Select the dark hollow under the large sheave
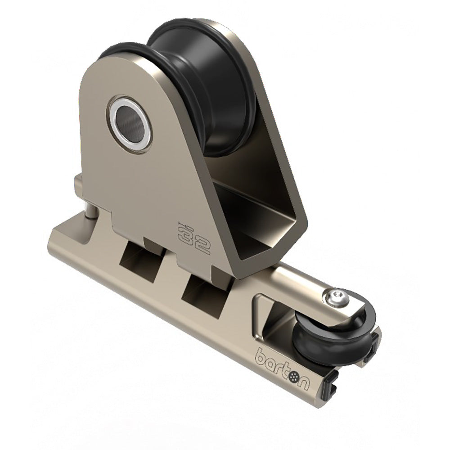coord(252,211)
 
